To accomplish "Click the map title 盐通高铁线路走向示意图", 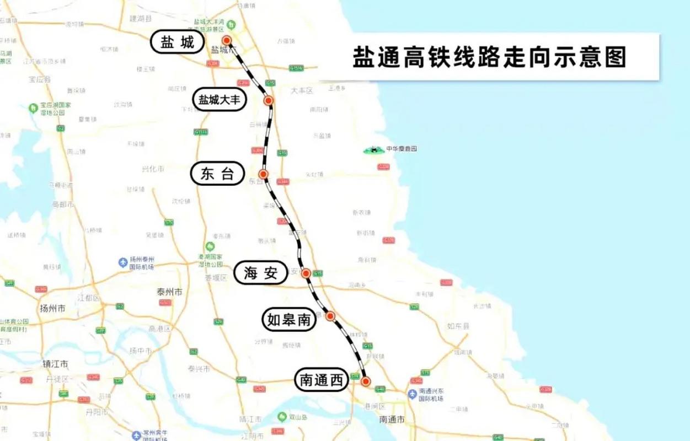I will [489, 57].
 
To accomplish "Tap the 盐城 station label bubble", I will [178, 42].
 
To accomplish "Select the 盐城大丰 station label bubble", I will [222, 100].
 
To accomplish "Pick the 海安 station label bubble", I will [261, 273].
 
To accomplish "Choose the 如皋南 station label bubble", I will [288, 320].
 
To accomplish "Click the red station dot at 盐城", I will [226, 40].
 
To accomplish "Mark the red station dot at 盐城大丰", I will [269, 100].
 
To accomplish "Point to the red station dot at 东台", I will [263, 174].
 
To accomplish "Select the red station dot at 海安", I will [306, 273].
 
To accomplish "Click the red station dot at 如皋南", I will [330, 316].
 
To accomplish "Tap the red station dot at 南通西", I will [365, 381].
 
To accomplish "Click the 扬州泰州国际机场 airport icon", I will [123, 262].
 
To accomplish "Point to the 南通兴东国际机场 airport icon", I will [412, 394].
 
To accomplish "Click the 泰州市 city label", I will [169, 292].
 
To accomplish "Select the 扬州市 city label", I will [53, 308].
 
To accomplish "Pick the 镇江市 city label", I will [55, 364].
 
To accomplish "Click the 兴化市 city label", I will [153, 169].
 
